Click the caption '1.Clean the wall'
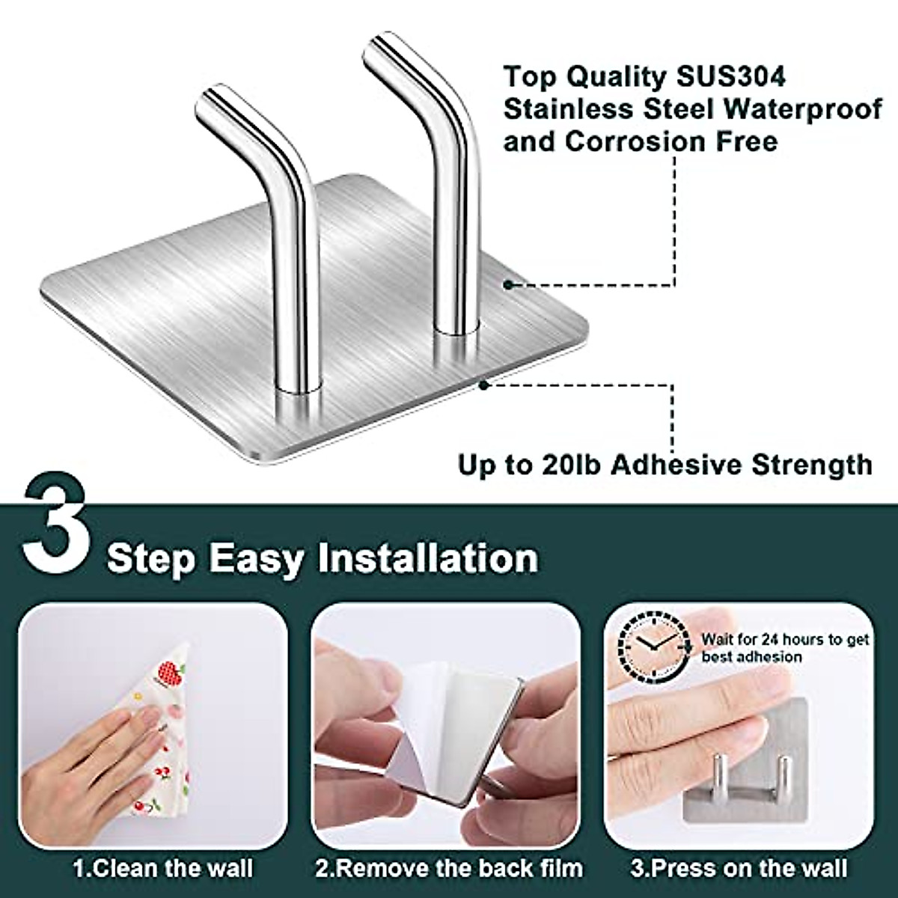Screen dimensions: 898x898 (x=162, y=868)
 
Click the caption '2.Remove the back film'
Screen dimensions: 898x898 (x=448, y=868)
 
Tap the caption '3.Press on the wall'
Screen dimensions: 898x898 (x=738, y=868)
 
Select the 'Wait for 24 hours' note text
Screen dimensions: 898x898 (x=784, y=648)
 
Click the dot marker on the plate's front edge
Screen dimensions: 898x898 (x=484, y=385)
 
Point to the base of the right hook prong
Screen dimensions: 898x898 (x=456, y=322)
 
